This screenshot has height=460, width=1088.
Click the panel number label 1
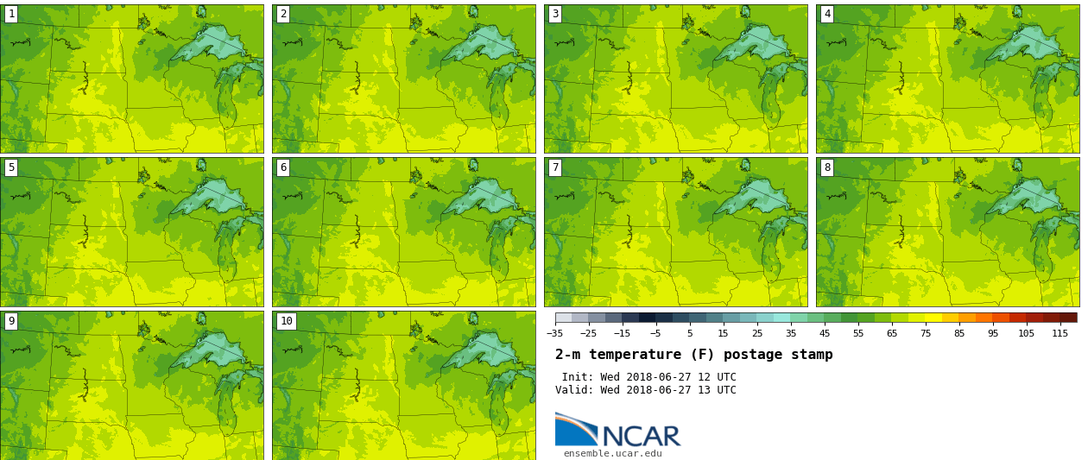click(11, 14)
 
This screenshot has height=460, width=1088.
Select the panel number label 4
click(827, 14)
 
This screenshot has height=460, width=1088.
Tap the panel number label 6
click(283, 167)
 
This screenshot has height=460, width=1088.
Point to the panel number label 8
click(827, 167)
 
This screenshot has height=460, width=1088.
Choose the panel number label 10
click(286, 321)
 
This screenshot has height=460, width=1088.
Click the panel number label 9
click(11, 321)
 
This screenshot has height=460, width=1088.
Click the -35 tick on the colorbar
click(555, 333)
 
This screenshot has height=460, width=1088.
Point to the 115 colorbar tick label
click(1060, 333)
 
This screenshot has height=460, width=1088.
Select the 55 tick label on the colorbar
click(857, 333)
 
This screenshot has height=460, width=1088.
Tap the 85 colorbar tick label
click(958, 333)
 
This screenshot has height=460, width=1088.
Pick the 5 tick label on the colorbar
click(689, 333)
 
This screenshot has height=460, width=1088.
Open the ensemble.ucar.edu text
click(612, 453)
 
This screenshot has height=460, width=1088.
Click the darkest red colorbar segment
click(1068, 318)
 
